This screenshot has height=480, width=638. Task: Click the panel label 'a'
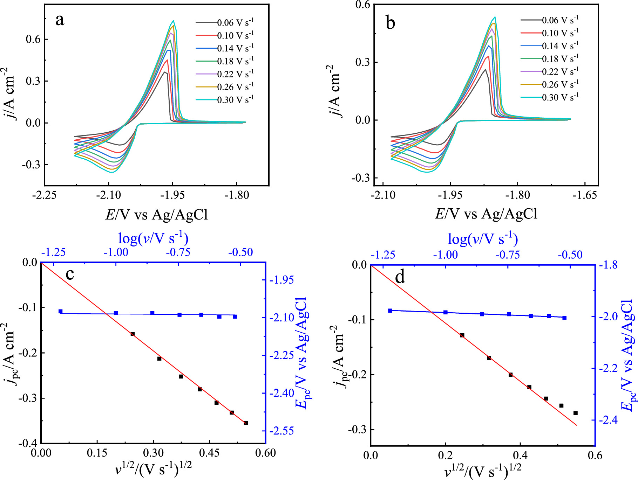pos(60,20)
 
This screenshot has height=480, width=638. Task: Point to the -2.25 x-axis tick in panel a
pos(44,195)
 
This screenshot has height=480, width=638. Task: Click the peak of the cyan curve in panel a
pos(173,21)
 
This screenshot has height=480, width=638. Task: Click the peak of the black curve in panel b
pos(485,69)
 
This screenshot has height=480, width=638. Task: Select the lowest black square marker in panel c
pos(246,423)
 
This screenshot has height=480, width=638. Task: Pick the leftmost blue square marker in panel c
pos(60,311)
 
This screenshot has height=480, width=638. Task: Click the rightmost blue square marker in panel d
pos(564,318)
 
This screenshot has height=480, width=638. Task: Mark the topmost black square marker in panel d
pos(462,335)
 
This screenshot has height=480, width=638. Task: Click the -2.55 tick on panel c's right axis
pos(282,431)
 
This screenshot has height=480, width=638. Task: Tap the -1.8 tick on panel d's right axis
pos(610,265)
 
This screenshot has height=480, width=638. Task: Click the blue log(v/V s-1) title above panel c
pos(153,238)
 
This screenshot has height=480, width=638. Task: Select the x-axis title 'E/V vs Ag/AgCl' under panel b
pos(486,214)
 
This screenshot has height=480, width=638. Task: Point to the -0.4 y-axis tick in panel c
pos(29,443)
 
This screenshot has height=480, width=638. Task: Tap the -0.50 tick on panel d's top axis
pos(570,255)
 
